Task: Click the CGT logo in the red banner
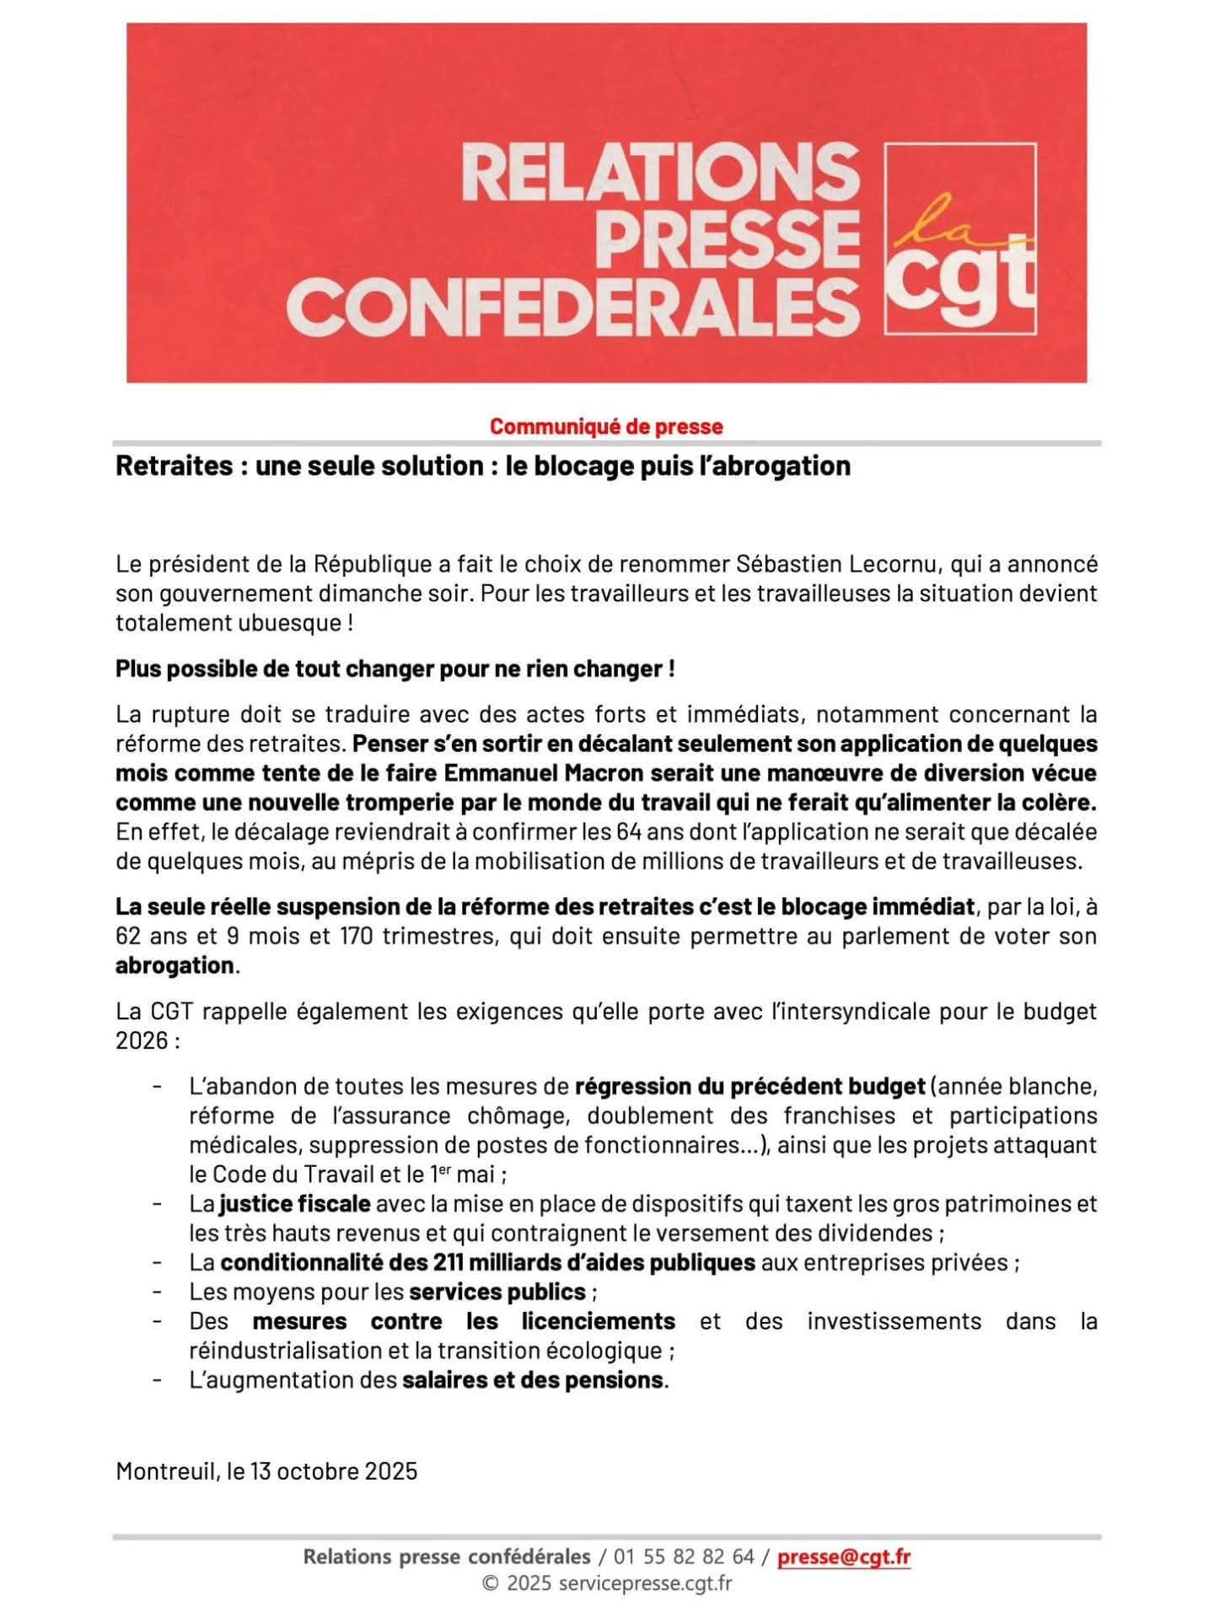tap(959, 239)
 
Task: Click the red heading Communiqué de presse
tap(606, 427)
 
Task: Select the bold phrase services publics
tap(497, 1292)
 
